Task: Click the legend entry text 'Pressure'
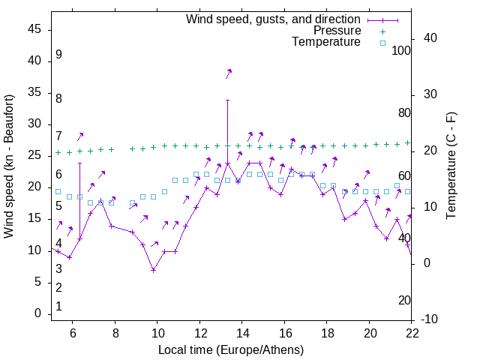pyautogui.click(x=337, y=31)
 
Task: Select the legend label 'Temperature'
pyautogui.click(x=326, y=42)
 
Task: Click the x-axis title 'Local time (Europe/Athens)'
pyautogui.click(x=231, y=349)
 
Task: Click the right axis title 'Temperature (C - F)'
pyautogui.click(x=451, y=166)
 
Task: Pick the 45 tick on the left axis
pyautogui.click(x=34, y=29)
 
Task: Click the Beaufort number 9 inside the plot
pyautogui.click(x=58, y=55)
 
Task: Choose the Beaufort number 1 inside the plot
pyautogui.click(x=58, y=307)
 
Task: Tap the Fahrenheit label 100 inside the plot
pyautogui.click(x=402, y=51)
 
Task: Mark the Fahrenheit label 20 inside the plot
pyautogui.click(x=405, y=301)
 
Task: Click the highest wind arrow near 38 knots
pyautogui.click(x=228, y=73)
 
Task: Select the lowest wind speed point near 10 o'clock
pyautogui.click(x=153, y=270)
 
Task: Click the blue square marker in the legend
pyautogui.click(x=382, y=43)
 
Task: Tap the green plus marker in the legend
pyautogui.click(x=382, y=31)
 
